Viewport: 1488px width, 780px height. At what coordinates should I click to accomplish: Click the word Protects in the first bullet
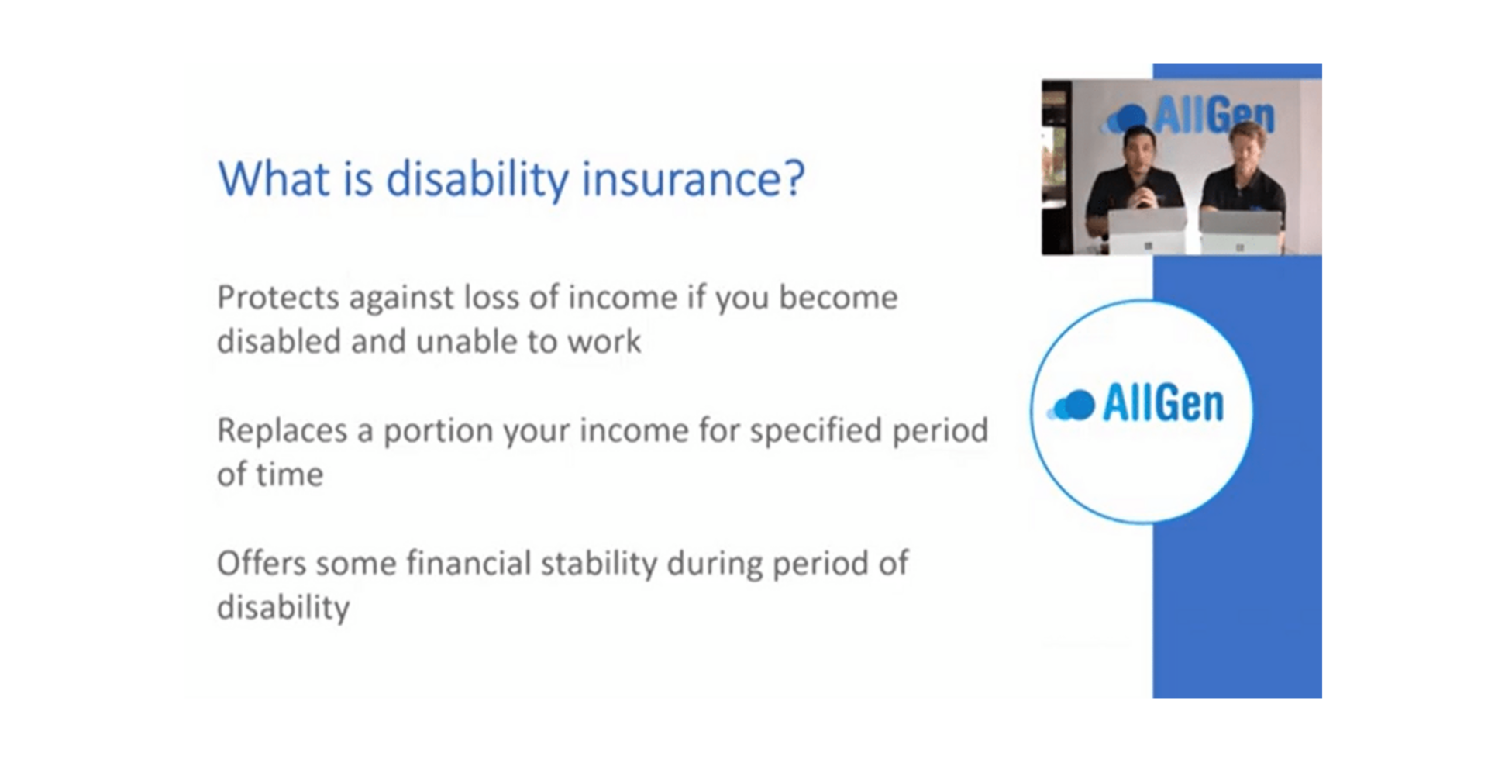[x=278, y=298]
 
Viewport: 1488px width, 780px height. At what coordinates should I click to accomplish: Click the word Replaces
[x=282, y=431]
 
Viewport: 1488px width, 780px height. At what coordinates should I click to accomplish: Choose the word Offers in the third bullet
[x=262, y=564]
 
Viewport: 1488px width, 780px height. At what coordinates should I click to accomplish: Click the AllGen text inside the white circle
[x=1163, y=404]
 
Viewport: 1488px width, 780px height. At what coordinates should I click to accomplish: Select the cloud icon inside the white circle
[x=1072, y=405]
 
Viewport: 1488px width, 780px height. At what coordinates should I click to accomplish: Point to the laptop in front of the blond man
[x=1239, y=232]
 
